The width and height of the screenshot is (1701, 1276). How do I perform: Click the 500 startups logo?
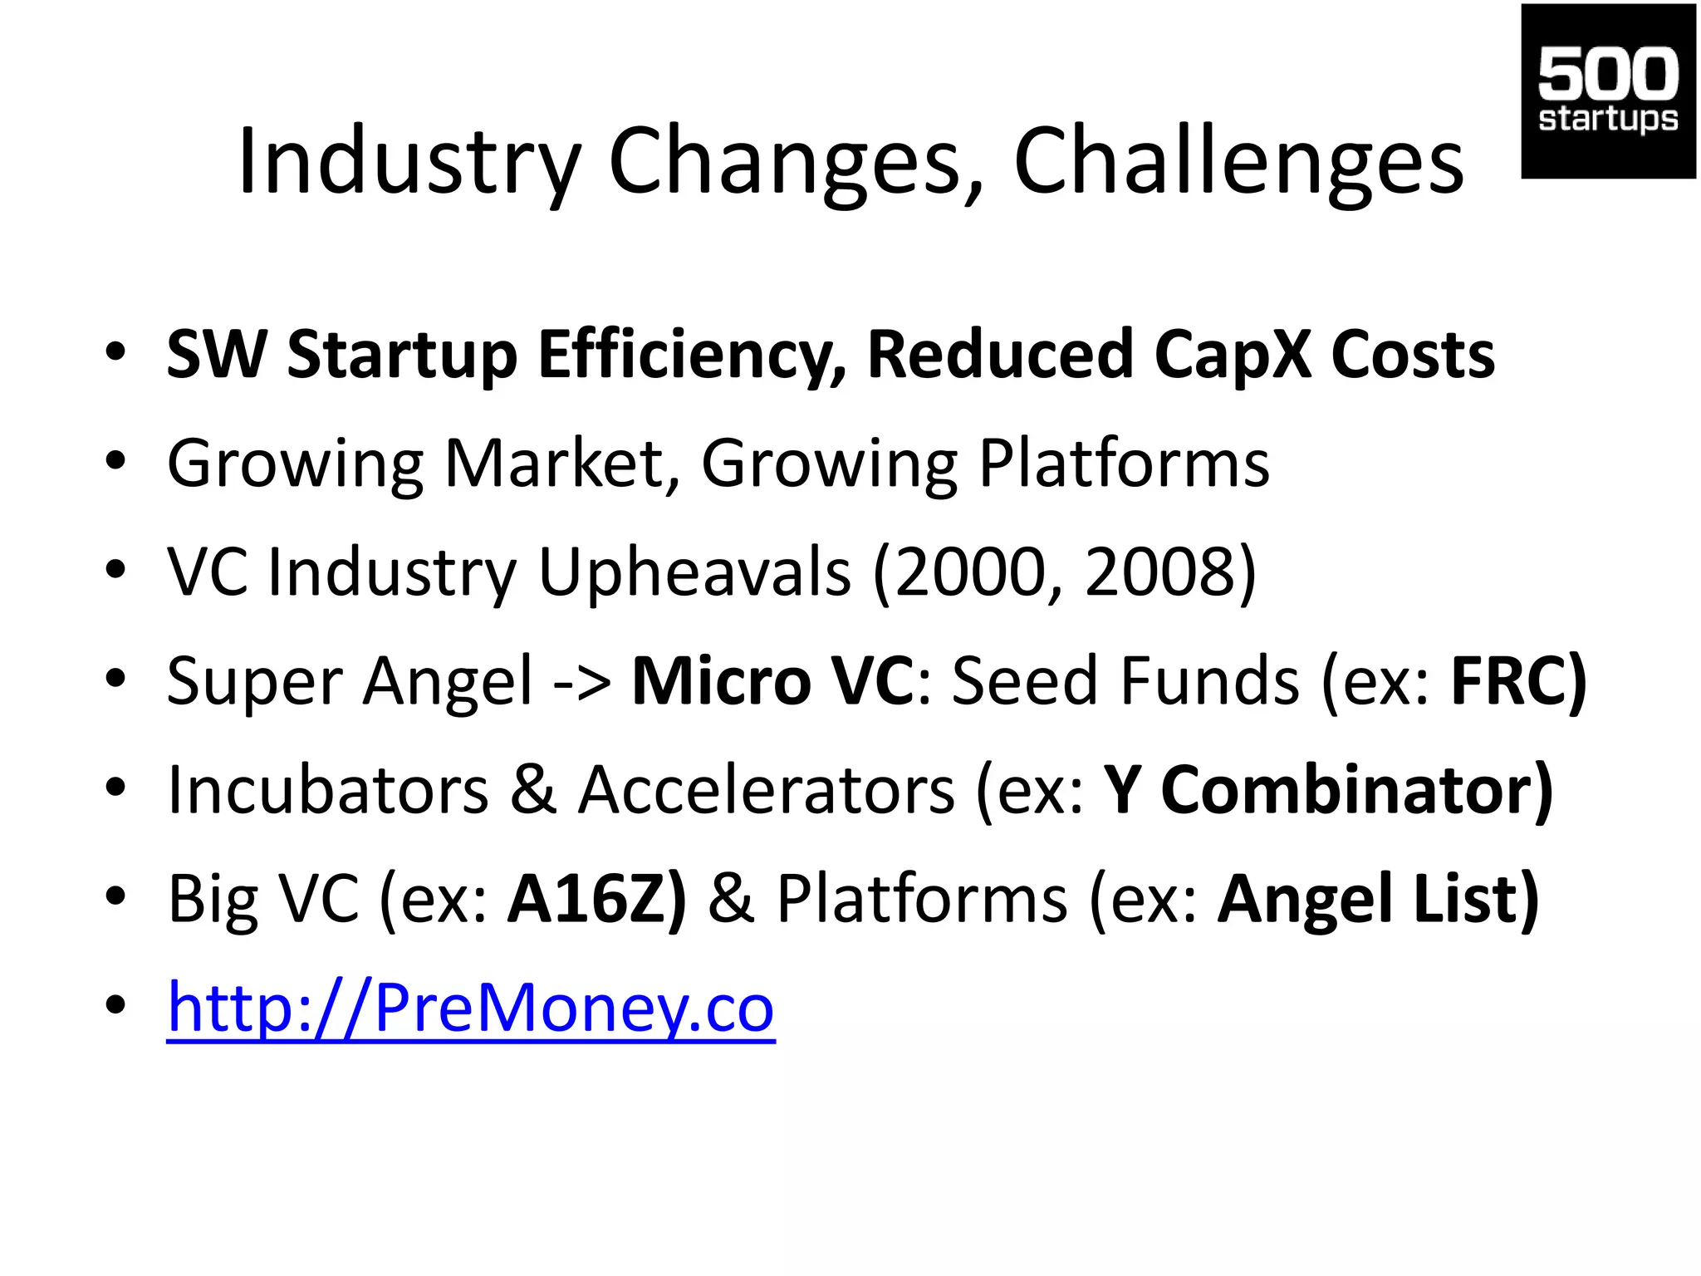tap(1607, 91)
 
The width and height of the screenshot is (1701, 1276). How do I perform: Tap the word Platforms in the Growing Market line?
tap(1124, 463)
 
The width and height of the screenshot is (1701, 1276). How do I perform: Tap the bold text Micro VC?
tap(772, 680)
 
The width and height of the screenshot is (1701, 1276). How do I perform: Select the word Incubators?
tap(328, 789)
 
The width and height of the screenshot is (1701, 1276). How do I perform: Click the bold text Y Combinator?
tap(1326, 789)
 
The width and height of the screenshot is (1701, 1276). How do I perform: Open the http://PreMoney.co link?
tap(470, 1008)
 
